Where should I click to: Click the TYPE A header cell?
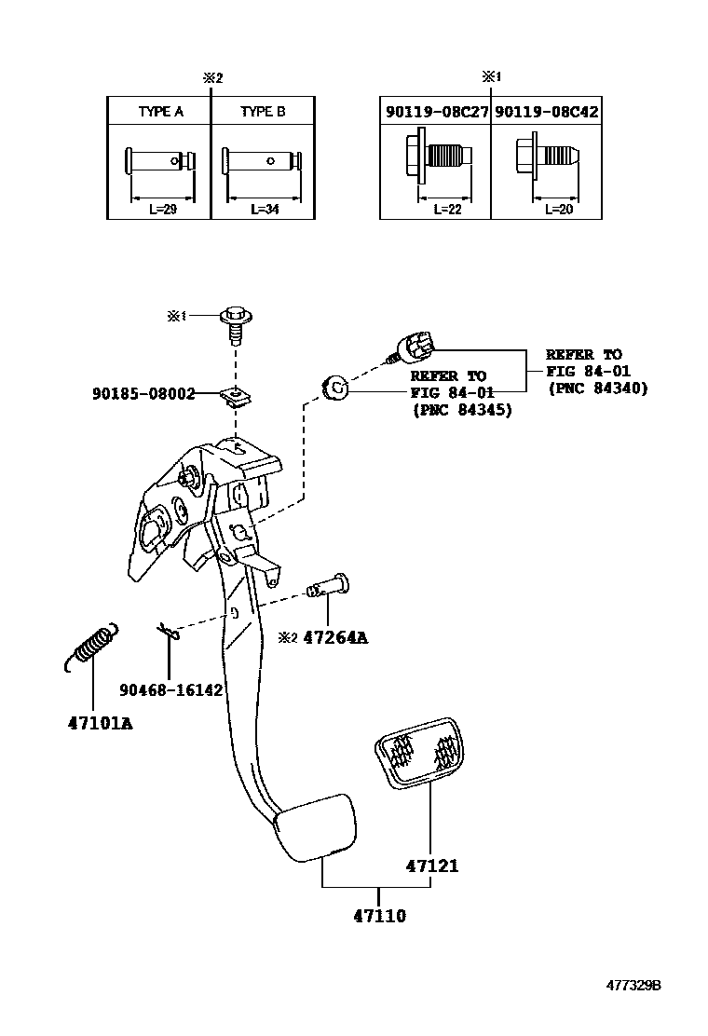pyautogui.click(x=160, y=111)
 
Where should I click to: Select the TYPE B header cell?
pyautogui.click(x=263, y=111)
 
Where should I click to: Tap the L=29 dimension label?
pyautogui.click(x=162, y=210)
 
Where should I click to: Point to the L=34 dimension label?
pyautogui.click(x=265, y=210)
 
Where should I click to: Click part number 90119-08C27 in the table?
pyautogui.click(x=436, y=111)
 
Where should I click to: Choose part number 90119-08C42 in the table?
pyautogui.click(x=546, y=111)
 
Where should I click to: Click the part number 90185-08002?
pyautogui.click(x=143, y=394)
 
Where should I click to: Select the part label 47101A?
pyautogui.click(x=99, y=723)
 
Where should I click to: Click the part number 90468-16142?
pyautogui.click(x=170, y=689)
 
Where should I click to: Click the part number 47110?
pyautogui.click(x=379, y=916)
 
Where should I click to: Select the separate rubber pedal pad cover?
pyautogui.click(x=419, y=750)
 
